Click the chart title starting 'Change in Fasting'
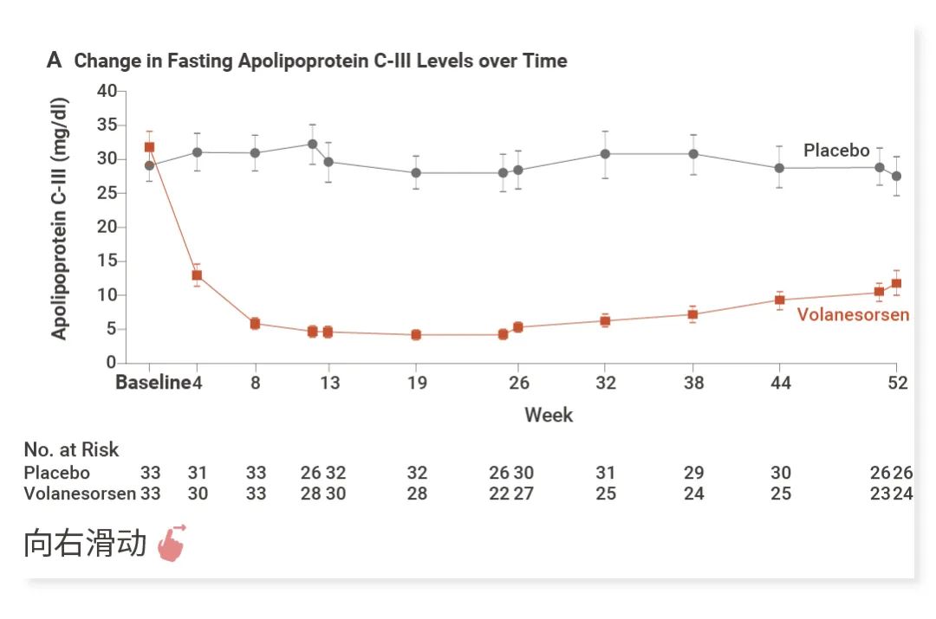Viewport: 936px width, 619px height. point(321,61)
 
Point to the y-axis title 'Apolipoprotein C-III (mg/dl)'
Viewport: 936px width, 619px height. point(59,217)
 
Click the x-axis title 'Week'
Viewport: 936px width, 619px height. point(549,415)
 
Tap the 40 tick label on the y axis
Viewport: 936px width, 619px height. point(107,91)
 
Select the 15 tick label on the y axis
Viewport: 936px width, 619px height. point(107,261)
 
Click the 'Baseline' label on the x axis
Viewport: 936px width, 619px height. point(153,383)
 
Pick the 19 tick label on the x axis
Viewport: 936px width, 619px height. point(417,383)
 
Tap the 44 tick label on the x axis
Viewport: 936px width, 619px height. point(781,383)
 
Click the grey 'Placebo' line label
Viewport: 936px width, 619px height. point(836,151)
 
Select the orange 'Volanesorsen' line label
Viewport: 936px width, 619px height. point(853,314)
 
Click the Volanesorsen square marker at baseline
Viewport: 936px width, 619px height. point(149,147)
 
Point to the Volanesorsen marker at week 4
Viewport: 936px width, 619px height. point(197,275)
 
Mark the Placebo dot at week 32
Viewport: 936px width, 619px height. point(605,154)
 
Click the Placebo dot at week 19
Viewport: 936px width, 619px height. point(416,172)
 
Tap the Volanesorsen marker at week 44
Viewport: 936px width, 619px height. point(780,300)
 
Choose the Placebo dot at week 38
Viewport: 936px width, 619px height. point(693,154)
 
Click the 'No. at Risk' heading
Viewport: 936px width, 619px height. point(71,450)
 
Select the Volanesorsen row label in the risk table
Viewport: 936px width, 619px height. point(80,493)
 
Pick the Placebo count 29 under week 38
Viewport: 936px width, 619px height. point(693,473)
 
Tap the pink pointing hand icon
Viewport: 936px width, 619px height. point(172,544)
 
